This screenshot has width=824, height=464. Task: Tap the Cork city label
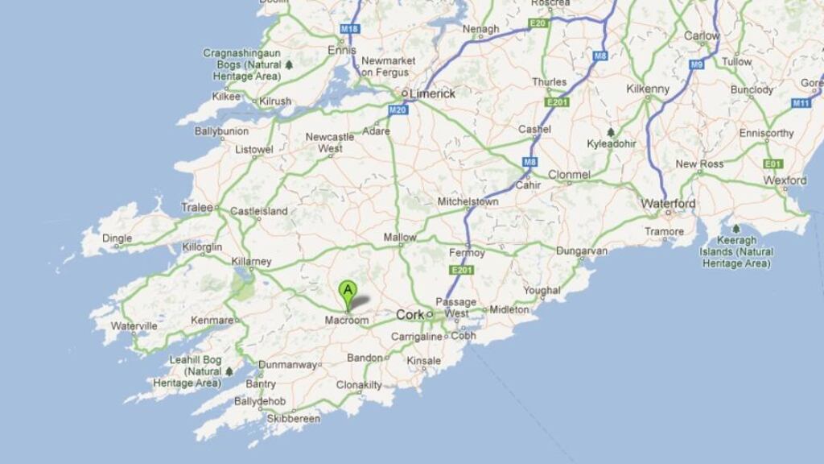click(409, 314)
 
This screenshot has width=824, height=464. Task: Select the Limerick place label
click(432, 93)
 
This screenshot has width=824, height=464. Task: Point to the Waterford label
click(668, 204)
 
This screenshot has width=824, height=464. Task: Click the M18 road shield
click(349, 29)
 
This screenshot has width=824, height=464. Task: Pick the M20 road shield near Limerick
click(398, 110)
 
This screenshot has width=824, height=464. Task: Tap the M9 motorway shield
click(696, 64)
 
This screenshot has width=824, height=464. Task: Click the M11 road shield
click(801, 103)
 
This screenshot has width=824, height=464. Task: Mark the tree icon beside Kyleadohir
click(611, 132)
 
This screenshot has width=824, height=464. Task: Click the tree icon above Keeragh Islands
click(735, 229)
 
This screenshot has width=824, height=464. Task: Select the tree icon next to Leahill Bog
click(229, 371)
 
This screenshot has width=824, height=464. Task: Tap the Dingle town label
click(117, 238)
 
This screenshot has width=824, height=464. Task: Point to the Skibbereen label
click(294, 418)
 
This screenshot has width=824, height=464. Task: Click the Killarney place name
click(250, 262)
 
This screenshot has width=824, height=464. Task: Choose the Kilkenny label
click(648, 89)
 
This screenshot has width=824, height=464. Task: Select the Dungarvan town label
click(582, 251)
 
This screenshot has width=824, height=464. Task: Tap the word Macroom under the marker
click(346, 321)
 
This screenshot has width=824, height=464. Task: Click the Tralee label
click(197, 207)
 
